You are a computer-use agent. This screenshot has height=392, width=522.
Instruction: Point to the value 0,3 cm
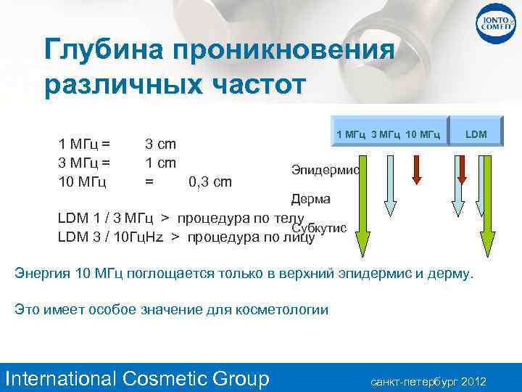pyautogui.click(x=210, y=181)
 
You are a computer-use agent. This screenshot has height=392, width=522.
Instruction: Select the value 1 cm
pyautogui.click(x=161, y=162)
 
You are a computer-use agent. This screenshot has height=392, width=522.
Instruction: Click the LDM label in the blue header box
pyautogui.click(x=476, y=134)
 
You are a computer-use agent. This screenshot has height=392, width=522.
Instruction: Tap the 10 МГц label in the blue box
pyautogui.click(x=423, y=134)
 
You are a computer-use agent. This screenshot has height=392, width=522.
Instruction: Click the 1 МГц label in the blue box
pyautogui.click(x=352, y=134)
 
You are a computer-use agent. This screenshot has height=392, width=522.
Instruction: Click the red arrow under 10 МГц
pyautogui.click(x=417, y=170)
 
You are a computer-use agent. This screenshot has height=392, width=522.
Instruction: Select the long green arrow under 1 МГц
pyautogui.click(x=365, y=203)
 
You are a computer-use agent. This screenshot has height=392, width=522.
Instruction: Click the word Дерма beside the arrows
pyautogui.click(x=310, y=199)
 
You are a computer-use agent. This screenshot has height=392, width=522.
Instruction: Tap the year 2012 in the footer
pyautogui.click(x=473, y=381)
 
